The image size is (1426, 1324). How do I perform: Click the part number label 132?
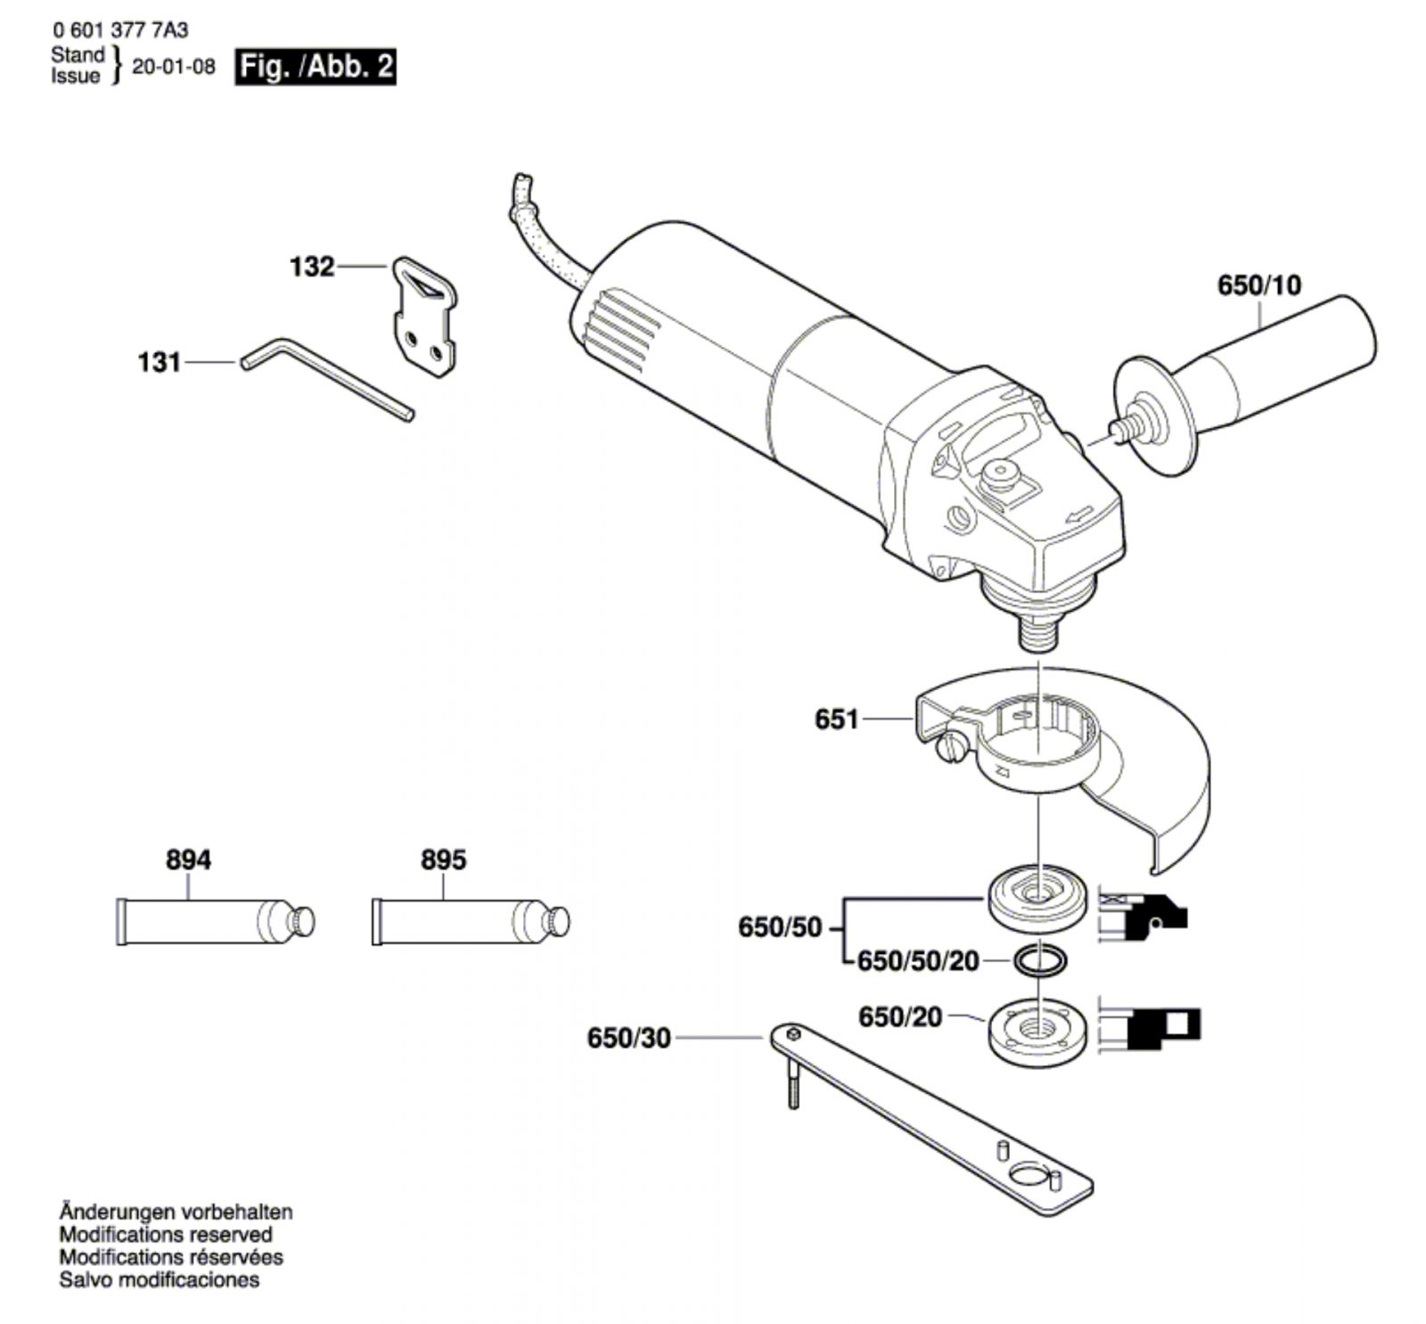click(x=312, y=267)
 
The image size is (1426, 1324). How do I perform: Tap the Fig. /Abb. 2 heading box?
click(x=316, y=68)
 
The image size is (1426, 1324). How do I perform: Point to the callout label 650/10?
click(x=1258, y=285)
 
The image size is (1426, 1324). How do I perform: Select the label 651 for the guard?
click(x=836, y=719)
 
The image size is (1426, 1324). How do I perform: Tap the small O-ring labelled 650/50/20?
click(x=1039, y=960)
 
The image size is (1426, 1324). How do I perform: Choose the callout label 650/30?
click(x=628, y=1038)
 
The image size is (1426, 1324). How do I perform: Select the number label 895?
click(x=443, y=859)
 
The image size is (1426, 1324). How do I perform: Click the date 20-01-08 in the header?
click(x=174, y=68)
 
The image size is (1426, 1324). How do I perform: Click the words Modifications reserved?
click(x=166, y=1235)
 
